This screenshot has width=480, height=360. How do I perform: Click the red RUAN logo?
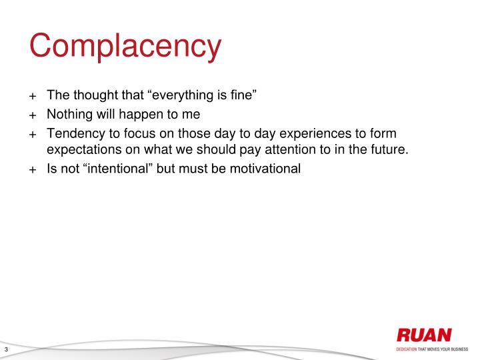click(423, 335)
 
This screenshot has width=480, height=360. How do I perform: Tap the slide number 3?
click(6, 351)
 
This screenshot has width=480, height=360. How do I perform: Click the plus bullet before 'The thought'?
click(32, 96)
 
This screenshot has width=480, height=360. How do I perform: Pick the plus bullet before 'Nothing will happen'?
click(32, 115)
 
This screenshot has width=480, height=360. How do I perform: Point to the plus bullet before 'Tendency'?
click(32, 133)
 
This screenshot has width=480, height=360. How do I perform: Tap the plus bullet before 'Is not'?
click(32, 169)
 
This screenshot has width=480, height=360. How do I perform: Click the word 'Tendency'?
click(77, 133)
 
